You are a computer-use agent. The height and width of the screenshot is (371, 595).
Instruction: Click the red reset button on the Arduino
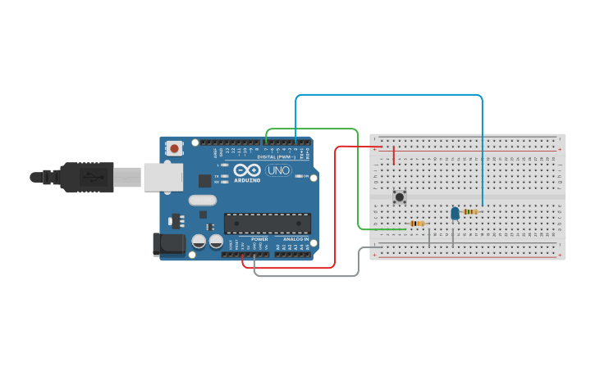pyautogui.click(x=174, y=149)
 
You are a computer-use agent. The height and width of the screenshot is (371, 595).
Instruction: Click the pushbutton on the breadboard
pyautogui.click(x=400, y=197)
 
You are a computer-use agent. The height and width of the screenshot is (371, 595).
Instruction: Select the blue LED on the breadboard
pyautogui.click(x=455, y=213)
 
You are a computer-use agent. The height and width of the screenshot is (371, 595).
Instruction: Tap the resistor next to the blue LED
pyautogui.click(x=470, y=211)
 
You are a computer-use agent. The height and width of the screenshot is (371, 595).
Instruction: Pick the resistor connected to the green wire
pyautogui.click(x=417, y=224)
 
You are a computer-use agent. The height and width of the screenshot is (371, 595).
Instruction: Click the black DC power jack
pyautogui.click(x=169, y=243)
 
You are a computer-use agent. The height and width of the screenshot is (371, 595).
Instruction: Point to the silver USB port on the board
pyautogui.click(x=162, y=177)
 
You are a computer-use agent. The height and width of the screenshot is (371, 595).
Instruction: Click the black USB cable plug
pyautogui.click(x=86, y=177)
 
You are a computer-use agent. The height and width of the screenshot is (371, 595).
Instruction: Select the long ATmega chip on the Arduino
pyautogui.click(x=268, y=223)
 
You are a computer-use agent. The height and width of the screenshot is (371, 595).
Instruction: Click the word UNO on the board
pyautogui.click(x=278, y=170)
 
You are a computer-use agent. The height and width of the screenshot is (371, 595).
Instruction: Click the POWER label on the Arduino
pyautogui.click(x=259, y=238)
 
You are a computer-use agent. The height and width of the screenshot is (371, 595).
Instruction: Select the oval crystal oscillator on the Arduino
pyautogui.click(x=202, y=200)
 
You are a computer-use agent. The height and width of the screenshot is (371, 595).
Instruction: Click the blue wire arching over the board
pyautogui.click(x=390, y=95)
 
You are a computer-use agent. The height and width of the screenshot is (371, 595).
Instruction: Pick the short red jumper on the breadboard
pyautogui.click(x=394, y=156)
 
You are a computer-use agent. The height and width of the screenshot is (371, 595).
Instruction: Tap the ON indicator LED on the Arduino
pyautogui.click(x=305, y=176)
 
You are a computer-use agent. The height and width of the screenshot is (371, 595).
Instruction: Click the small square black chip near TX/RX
pyautogui.click(x=205, y=180)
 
